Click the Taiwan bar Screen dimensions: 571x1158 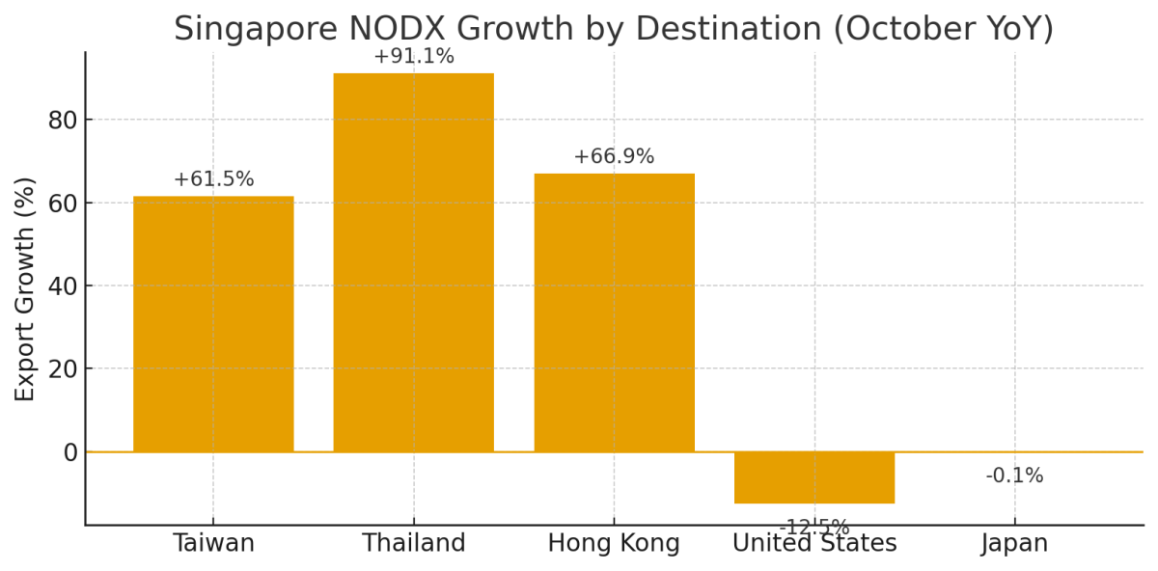coord(213,324)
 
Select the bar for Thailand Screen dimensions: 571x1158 coord(414,262)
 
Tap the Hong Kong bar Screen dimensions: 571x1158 coord(614,313)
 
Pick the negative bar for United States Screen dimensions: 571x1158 coord(814,477)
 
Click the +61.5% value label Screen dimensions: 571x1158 coord(213,179)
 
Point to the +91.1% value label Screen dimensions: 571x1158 coord(414,57)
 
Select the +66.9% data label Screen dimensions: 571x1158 coord(614,157)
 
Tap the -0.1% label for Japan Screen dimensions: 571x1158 coord(1014,476)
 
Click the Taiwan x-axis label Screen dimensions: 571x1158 coord(213,544)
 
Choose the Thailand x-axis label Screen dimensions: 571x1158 coord(414,544)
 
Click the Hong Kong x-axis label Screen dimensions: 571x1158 coord(614,544)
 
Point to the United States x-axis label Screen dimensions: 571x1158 coord(814,544)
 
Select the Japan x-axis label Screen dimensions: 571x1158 coord(1014,544)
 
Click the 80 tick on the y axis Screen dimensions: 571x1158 coord(62,121)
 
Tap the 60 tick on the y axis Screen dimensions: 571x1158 coord(62,204)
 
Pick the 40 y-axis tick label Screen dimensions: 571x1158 coord(62,286)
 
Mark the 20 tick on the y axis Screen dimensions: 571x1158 coord(62,369)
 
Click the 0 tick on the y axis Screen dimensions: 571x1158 coord(69,452)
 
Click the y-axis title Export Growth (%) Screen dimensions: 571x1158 coord(25,288)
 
